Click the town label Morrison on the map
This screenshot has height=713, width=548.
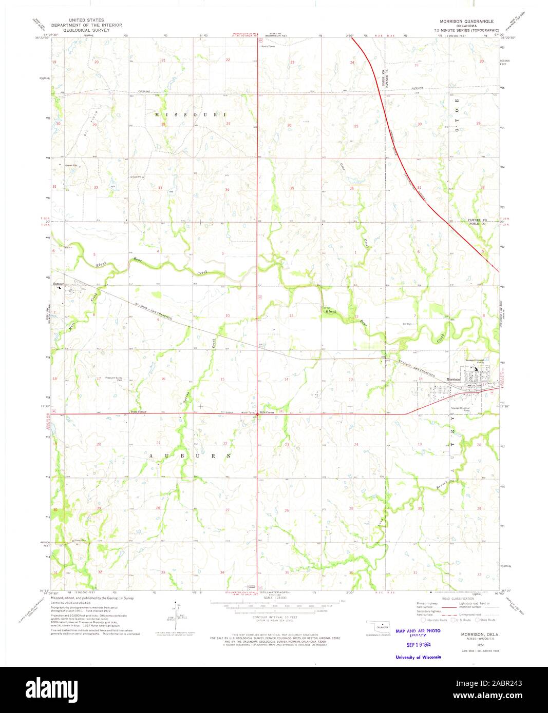[453, 380]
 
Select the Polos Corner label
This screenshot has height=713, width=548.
[138, 412]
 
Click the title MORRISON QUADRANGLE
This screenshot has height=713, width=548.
[466, 22]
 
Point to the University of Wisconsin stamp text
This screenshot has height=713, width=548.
[418, 657]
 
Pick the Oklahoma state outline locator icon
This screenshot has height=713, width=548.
[381, 627]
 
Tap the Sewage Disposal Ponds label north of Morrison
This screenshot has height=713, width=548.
[474, 361]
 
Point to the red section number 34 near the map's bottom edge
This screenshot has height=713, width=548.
[222, 572]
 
